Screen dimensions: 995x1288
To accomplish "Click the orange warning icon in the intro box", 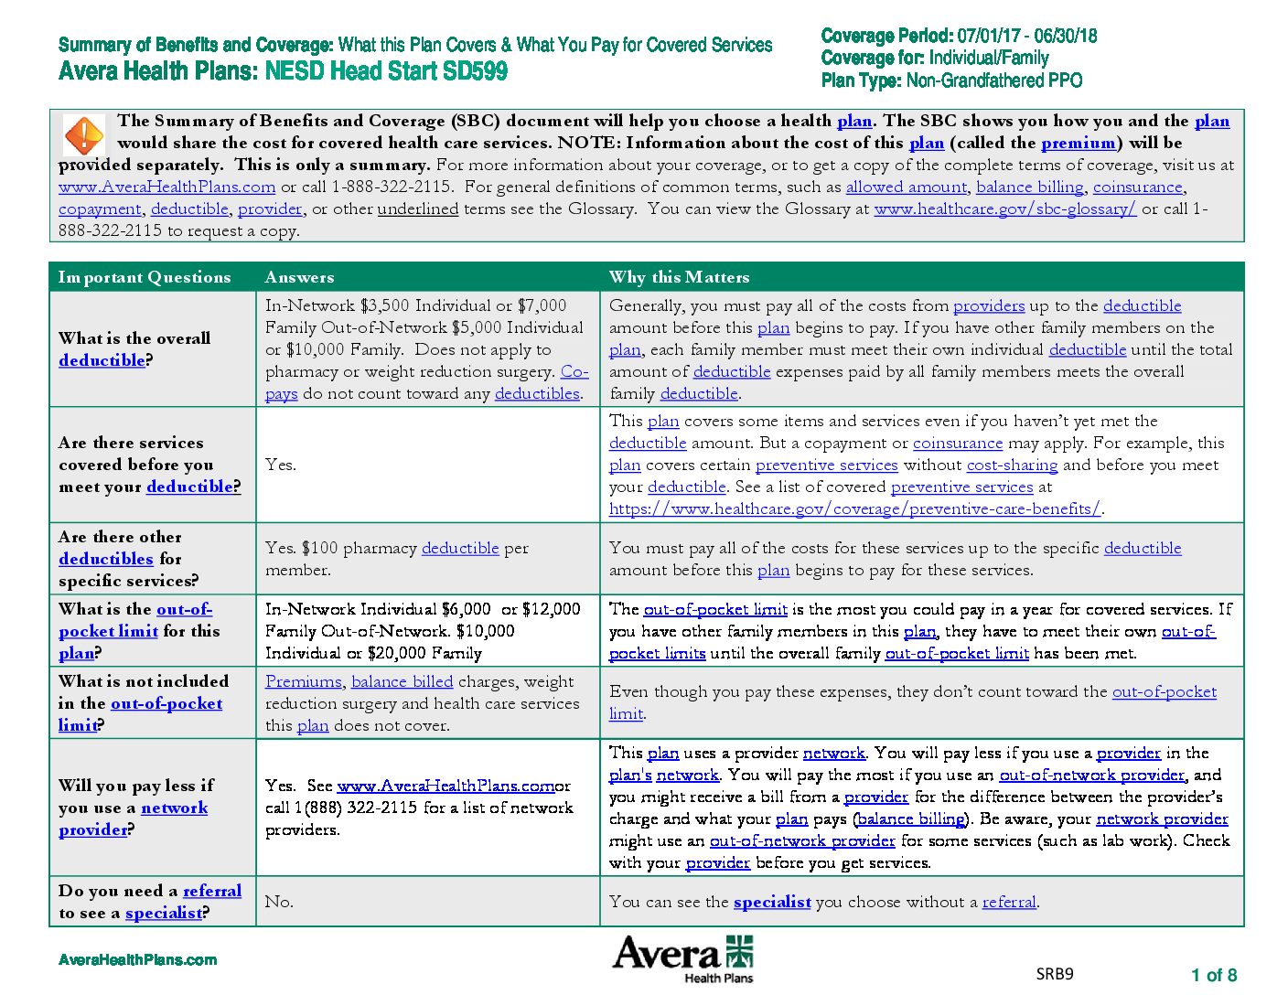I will pos(84,135).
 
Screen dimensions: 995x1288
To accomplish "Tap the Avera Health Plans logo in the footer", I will pos(682,958).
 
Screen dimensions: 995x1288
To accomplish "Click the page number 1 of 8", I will pos(1213,975).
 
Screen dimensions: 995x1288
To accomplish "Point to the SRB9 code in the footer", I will pos(1054,974).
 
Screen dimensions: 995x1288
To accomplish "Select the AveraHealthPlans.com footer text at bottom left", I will pos(137,959).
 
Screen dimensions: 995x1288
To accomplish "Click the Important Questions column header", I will pos(145,277).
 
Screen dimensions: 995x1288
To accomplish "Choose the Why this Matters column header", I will pos(679,277).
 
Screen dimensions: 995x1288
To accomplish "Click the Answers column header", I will pos(299,277).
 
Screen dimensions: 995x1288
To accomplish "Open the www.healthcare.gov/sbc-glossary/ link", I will pos(1004,209).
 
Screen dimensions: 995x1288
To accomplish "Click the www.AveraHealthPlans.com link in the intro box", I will pos(166,187).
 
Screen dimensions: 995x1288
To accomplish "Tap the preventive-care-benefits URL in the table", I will pos(854,508).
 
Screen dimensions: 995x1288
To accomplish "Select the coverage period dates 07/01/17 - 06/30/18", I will pos(1026,37).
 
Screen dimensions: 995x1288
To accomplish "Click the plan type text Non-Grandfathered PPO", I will pos(993,80).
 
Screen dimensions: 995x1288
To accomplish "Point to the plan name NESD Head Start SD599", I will pos(386,71).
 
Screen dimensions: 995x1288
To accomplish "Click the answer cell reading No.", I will pos(279,902).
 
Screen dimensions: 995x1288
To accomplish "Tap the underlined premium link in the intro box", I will pos(1078,143).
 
